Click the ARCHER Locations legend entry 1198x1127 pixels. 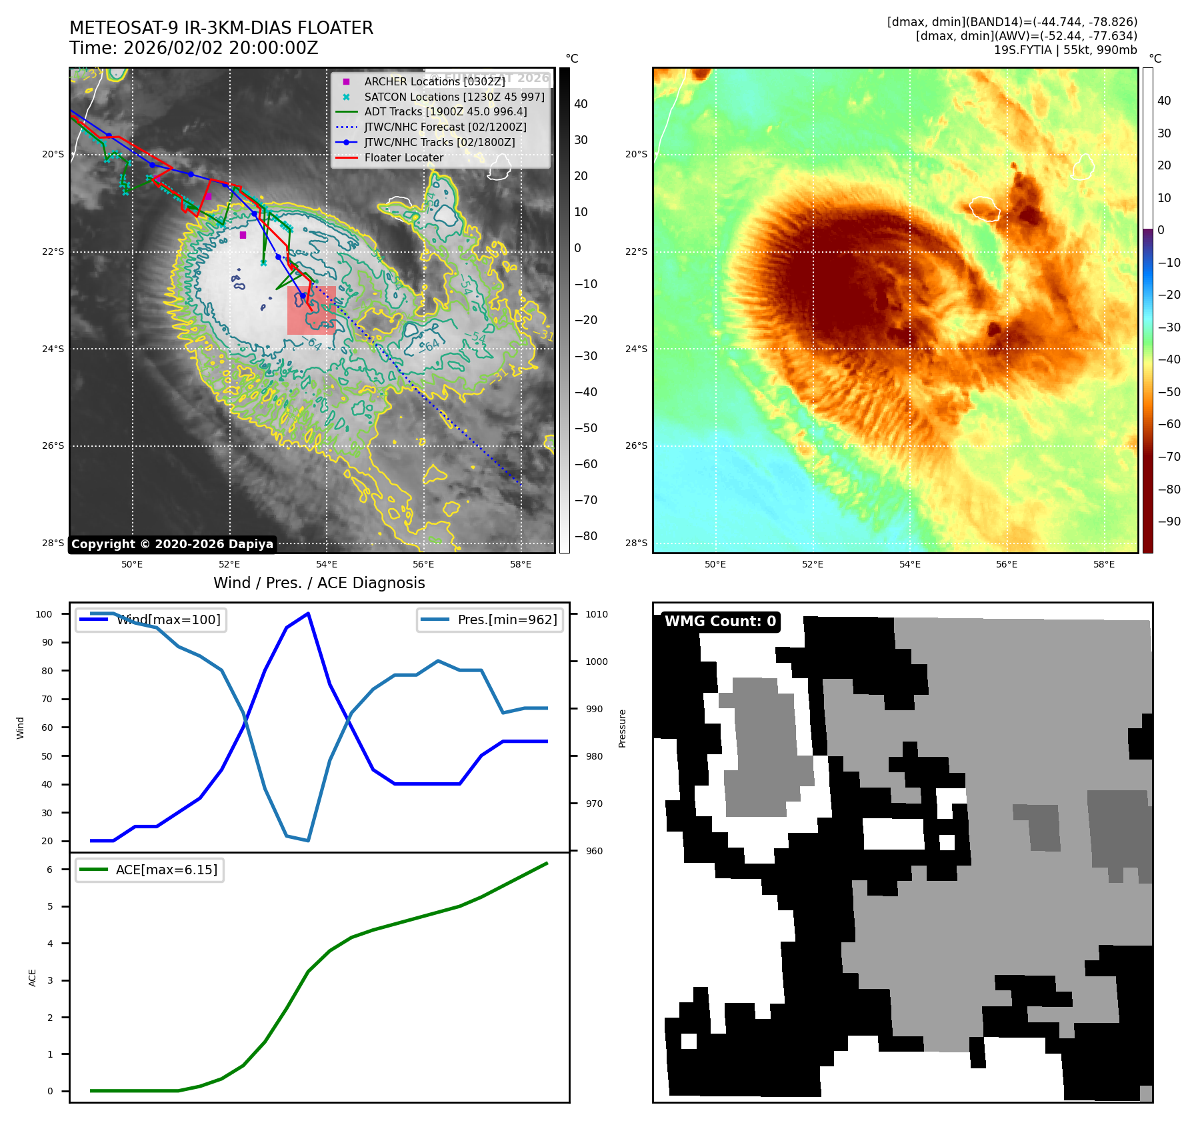pos(434,81)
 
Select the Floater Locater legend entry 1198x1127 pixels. pos(403,158)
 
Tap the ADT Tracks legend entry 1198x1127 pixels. pos(445,112)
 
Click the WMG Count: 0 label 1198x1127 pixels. pos(720,622)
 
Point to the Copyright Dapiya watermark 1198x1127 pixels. pos(172,544)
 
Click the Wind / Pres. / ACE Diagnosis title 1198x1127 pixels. pos(319,583)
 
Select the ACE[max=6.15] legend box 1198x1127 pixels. pos(150,870)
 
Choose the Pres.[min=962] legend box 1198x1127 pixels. pos(491,620)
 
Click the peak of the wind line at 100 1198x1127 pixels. pos(308,614)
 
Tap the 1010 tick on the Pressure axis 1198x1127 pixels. pos(597,615)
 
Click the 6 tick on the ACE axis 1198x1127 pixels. pos(49,870)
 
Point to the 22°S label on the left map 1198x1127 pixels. pos(53,251)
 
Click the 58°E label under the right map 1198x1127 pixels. pos(1103,565)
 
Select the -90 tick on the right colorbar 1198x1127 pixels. pos(1169,521)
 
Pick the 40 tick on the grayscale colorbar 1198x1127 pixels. pos(581,104)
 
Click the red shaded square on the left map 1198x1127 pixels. pos(311,310)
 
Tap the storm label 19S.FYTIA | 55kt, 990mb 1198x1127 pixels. pos(1065,50)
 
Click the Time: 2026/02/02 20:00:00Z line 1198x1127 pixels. pos(193,48)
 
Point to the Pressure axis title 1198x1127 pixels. pos(622,728)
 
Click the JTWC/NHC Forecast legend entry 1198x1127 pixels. pos(445,127)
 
